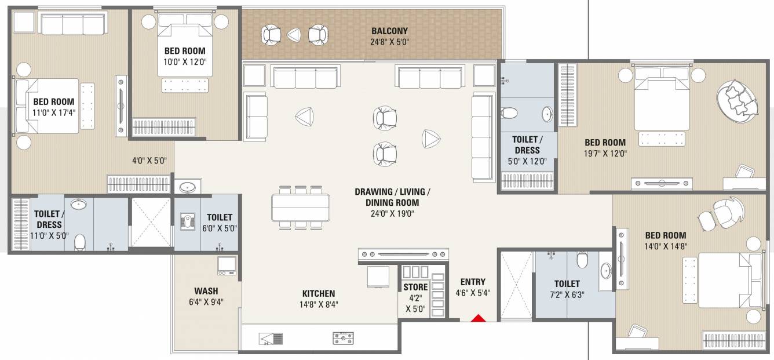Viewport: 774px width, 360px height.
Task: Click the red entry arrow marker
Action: (x=477, y=318)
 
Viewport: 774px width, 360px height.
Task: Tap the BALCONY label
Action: (x=389, y=31)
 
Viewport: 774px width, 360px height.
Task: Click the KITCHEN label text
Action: (x=318, y=294)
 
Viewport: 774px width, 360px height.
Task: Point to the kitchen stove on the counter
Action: (x=343, y=337)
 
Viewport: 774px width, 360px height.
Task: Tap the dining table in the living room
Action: (x=300, y=207)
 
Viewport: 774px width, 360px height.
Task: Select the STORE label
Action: (x=415, y=287)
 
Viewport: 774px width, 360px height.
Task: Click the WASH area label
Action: (x=206, y=290)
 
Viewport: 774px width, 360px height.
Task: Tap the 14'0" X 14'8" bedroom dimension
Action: (x=666, y=246)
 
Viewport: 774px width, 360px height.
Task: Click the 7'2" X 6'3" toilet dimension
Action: (x=567, y=294)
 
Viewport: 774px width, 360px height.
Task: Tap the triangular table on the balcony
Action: (x=294, y=35)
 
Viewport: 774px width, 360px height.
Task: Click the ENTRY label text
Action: (x=473, y=282)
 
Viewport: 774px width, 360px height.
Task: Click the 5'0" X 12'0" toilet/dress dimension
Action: (x=527, y=162)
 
